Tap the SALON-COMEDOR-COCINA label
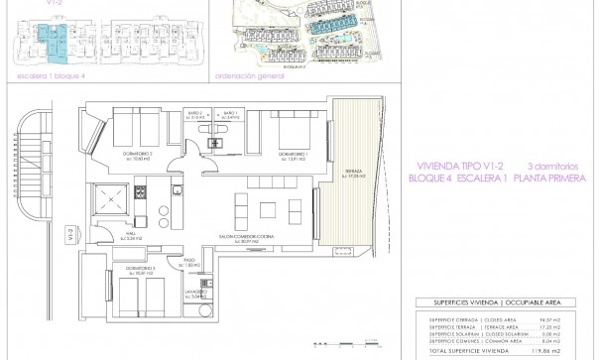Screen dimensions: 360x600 point(238,239)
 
